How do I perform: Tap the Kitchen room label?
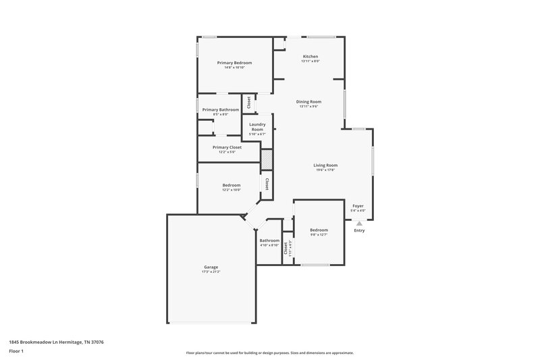pos(310,56)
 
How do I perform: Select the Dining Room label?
pos(309,101)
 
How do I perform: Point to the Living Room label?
pos(325,165)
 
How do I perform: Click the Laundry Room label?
pos(257,126)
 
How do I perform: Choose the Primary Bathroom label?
pos(220,109)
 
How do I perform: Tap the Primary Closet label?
pos(227,147)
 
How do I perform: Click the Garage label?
pos(211,267)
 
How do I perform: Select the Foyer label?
pos(358,206)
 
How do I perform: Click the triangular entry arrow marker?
pos(359,223)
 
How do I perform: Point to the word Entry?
pos(359,230)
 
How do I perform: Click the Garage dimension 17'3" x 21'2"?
pos(211,272)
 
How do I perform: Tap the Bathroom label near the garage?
pos(269,240)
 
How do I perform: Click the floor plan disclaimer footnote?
pos(269,353)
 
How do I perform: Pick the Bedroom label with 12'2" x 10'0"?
pos(232,185)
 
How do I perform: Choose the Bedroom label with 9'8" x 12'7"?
pos(319,230)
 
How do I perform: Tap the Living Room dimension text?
pos(325,170)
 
